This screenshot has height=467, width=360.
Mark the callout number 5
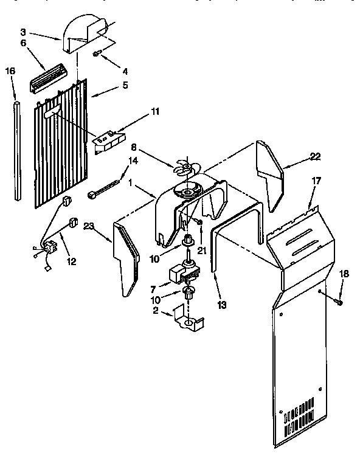(125, 85)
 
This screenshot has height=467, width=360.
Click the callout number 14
(133, 161)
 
